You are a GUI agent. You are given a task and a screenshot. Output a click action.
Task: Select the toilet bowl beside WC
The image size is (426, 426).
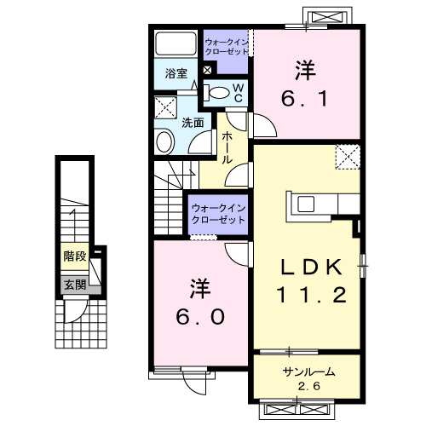pyautogui.click(x=219, y=93)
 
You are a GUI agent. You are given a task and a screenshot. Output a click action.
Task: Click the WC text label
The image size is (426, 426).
pyautogui.click(x=239, y=93)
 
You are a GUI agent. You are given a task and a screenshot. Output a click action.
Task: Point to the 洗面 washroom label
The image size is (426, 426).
pyautogui.click(x=193, y=122)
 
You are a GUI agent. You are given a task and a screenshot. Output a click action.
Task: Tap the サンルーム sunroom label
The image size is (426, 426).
pyautogui.click(x=308, y=371)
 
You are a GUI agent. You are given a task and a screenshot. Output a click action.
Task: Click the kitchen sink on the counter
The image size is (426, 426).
pyautogui.click(x=305, y=204)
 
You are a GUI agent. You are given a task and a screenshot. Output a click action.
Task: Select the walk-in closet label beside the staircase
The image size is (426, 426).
pyautogui.click(x=218, y=212)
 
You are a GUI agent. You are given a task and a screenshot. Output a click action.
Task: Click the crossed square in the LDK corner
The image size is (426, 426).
pyautogui.click(x=347, y=157)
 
